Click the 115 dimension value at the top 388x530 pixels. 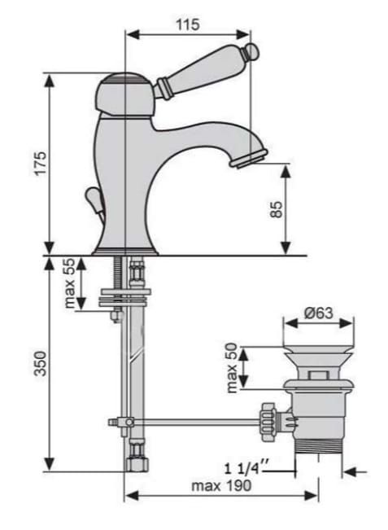[187, 24]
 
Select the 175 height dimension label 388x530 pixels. [41, 164]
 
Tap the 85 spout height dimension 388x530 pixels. [277, 209]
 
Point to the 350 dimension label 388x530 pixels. [41, 363]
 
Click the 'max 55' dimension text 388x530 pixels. [69, 283]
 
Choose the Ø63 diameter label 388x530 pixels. [319, 313]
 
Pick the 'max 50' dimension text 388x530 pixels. [232, 368]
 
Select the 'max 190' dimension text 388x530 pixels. [221, 486]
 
